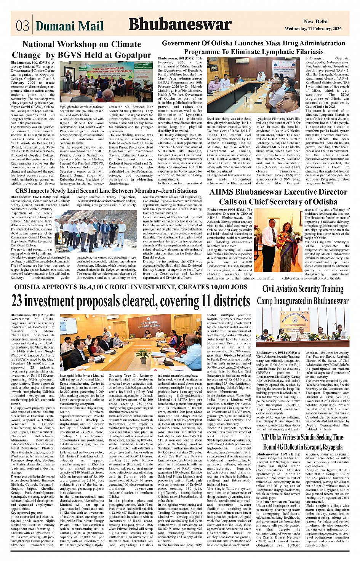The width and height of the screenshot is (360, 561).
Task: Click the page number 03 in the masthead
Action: (22, 26)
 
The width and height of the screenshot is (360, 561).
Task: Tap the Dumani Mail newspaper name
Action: (69, 26)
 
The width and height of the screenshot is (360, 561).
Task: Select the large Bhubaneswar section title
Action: (180, 25)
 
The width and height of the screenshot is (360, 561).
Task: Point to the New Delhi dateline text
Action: (315, 22)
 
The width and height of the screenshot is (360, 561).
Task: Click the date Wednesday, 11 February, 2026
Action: (313, 29)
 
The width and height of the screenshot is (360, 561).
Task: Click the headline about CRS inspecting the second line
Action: (106, 190)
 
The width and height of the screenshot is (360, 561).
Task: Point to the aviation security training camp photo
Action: (302, 327)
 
